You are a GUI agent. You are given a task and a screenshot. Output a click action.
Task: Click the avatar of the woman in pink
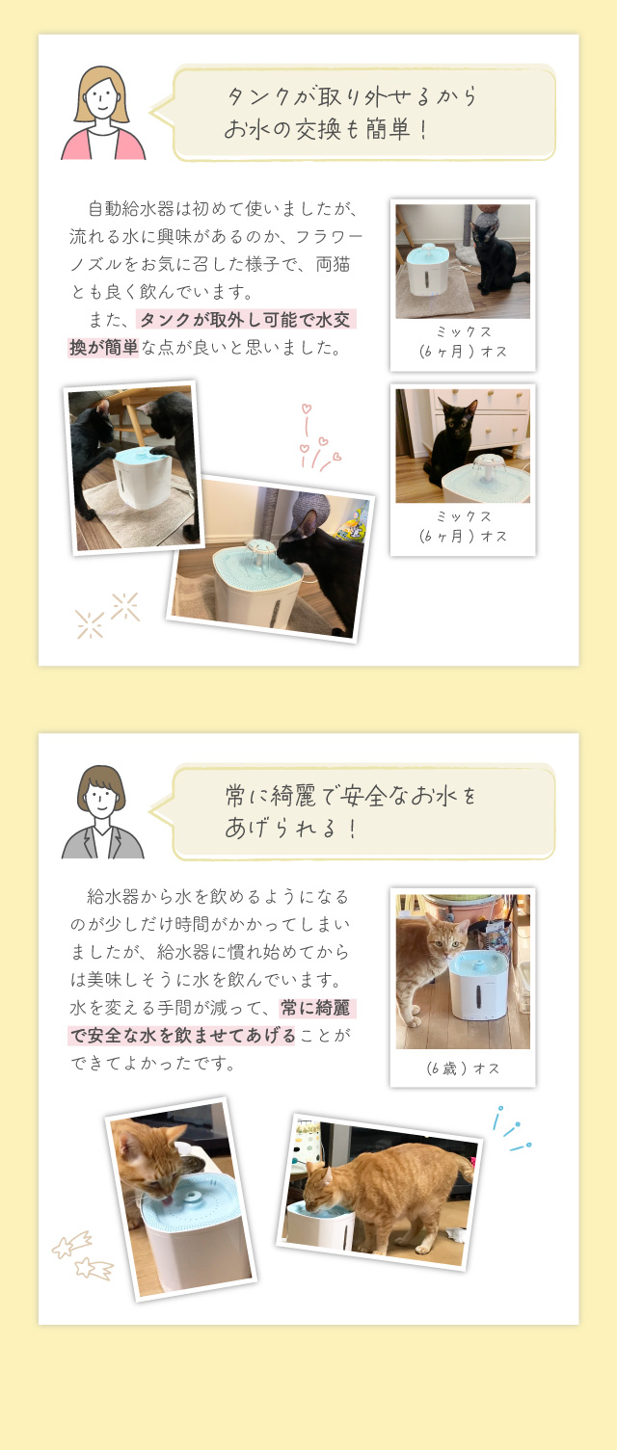pyautogui.click(x=102, y=114)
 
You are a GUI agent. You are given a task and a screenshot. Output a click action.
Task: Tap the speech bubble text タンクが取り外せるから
pyautogui.click(x=352, y=96)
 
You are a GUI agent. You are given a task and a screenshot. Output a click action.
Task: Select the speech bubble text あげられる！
pyautogui.click(x=291, y=828)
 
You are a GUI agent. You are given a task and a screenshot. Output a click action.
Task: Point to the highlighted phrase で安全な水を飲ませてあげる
pyautogui.click(x=182, y=1036)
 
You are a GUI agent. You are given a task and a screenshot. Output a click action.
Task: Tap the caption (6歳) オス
pyautogui.click(x=463, y=1068)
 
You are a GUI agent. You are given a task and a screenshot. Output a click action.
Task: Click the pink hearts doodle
pyautogui.click(x=317, y=439)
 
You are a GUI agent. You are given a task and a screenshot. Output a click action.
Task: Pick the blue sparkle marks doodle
pyautogui.click(x=512, y=1130)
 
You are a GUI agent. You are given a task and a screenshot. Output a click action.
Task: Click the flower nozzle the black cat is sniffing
pyautogui.click(x=259, y=551)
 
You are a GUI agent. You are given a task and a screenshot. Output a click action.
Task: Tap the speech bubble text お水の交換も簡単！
pyautogui.click(x=327, y=129)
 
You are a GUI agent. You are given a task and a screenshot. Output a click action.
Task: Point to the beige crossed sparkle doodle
pyautogui.click(x=107, y=616)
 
